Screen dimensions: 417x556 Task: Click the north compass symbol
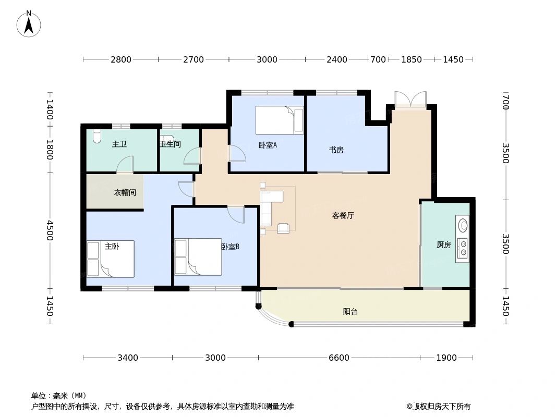(29, 23)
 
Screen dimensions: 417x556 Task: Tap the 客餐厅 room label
(343, 215)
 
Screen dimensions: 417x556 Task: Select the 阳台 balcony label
(350, 312)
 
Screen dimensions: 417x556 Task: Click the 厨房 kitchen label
(443, 244)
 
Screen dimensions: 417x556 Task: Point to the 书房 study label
(336, 150)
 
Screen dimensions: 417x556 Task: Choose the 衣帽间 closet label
(125, 192)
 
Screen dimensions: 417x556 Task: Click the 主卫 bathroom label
(119, 144)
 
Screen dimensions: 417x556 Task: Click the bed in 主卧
(111, 259)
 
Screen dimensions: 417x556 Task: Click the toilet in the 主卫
(96, 137)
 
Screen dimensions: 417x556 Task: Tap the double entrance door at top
(410, 100)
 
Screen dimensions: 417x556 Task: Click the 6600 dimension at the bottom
(339, 358)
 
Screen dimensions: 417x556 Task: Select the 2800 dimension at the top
(120, 59)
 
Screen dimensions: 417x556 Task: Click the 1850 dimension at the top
(411, 59)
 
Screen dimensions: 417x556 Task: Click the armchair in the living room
(283, 228)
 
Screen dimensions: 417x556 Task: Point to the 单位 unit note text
(59, 396)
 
